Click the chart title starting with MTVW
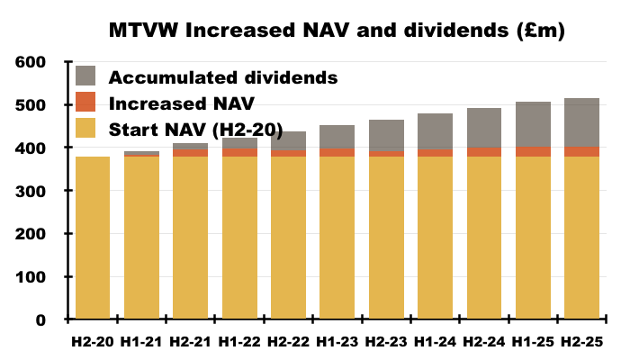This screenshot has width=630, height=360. (337, 30)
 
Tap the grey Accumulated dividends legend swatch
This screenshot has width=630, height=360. (86, 76)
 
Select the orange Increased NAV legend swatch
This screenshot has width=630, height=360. (86, 103)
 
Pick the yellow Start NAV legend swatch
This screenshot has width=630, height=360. (86, 129)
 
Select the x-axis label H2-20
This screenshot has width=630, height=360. (92, 342)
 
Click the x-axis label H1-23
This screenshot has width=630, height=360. (337, 342)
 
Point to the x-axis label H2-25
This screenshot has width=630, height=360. (582, 342)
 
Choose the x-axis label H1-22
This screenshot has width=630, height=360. (238, 342)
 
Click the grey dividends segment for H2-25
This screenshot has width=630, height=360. (582, 122)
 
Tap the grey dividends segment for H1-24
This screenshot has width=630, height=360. (435, 131)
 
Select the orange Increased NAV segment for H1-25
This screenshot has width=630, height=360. (533, 152)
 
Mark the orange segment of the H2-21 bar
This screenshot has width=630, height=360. (190, 153)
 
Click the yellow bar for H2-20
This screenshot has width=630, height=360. (92, 238)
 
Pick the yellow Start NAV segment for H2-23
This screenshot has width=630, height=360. (386, 238)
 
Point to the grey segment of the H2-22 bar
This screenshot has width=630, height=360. (288, 141)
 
